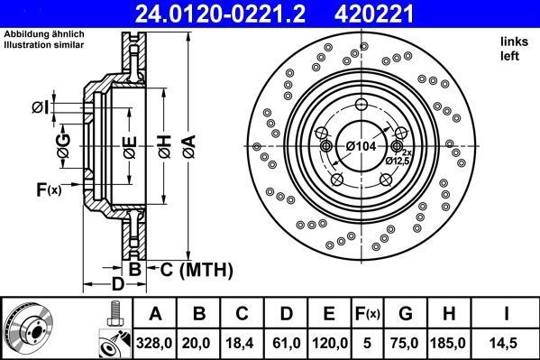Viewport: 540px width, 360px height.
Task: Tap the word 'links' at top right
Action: click(512, 42)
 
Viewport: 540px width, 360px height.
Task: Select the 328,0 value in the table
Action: click(155, 342)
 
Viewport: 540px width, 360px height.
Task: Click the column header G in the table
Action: click(406, 314)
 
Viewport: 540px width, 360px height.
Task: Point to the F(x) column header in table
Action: click(367, 314)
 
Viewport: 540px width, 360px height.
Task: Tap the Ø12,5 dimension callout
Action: click(398, 160)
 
